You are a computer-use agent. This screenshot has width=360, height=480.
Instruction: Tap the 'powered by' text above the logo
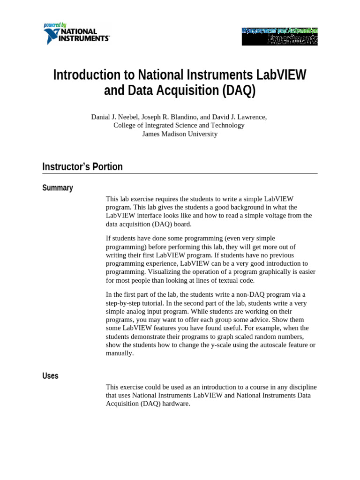[x=55, y=25]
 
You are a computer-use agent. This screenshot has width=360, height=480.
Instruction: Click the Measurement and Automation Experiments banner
[x=279, y=36]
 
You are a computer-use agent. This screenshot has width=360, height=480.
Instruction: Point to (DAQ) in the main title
[x=239, y=90]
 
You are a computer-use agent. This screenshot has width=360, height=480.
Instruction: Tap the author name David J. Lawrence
[x=240, y=117]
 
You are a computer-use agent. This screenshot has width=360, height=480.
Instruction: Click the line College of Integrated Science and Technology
[x=179, y=126]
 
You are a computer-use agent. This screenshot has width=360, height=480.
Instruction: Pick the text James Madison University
[x=180, y=134]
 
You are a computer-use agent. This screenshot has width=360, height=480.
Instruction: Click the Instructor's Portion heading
[x=82, y=167]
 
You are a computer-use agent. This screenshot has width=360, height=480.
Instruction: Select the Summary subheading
[x=58, y=188]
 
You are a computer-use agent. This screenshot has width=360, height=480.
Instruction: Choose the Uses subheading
[x=50, y=376]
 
